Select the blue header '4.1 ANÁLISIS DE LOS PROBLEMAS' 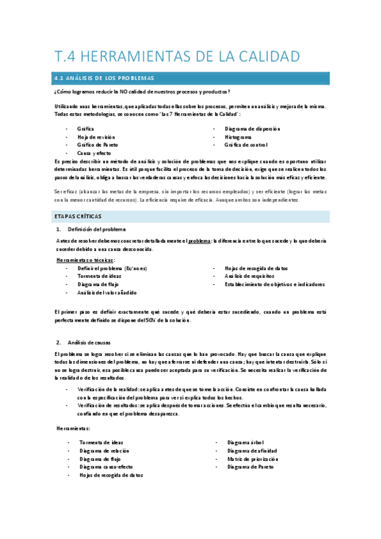tap(106, 78)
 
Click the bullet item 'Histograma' tap(238, 137)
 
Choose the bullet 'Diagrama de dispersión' tap(253, 128)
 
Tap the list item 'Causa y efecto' tap(94, 153)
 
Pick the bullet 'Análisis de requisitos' tap(250, 276)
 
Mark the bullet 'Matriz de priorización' tap(253, 458)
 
